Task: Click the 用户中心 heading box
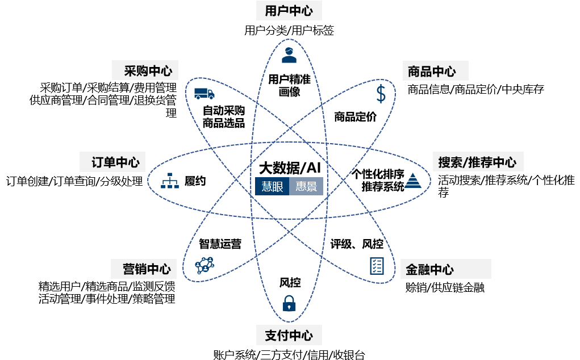289,10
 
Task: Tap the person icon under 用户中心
289,55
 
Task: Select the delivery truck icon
204,94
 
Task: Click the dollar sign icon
381,94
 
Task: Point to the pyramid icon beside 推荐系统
413,181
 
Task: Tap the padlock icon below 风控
289,303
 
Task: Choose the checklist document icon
377,266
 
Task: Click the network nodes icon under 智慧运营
205,265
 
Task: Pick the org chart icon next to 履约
170,181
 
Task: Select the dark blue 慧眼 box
272,186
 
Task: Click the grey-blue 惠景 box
306,186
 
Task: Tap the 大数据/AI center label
289,168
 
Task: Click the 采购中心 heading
145,70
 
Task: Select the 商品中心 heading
435,71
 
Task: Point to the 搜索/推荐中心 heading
478,161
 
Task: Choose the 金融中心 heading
446,269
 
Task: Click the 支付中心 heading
289,335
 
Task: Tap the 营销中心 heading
144,269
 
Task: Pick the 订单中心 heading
112,162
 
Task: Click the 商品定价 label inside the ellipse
355,117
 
